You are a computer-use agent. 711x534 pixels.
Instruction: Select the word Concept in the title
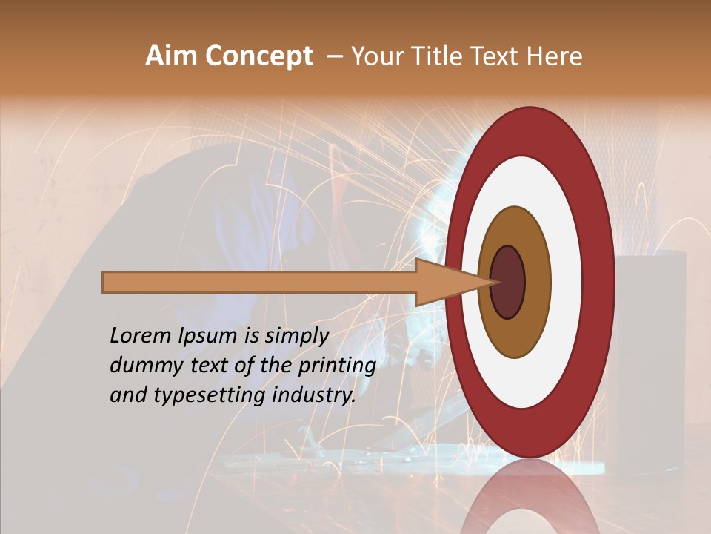point(259,57)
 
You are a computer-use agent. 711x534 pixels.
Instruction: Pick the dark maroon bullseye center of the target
point(508,283)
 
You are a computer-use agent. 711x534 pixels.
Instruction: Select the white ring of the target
point(567,282)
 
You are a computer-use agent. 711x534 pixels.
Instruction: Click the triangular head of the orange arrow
point(444,283)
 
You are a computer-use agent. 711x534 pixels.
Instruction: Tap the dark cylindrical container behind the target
point(652,356)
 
